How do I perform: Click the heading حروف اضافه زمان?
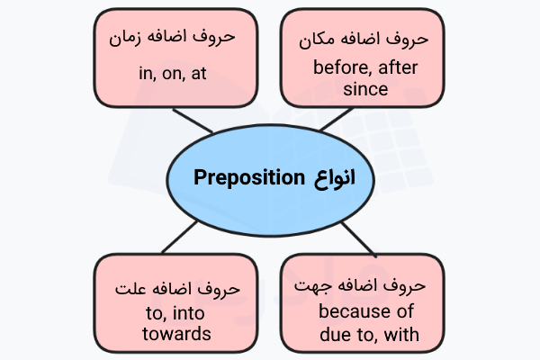[x=169, y=40]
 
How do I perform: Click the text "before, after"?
[x=366, y=67]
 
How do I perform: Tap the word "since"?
[x=365, y=89]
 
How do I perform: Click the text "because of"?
[x=365, y=312]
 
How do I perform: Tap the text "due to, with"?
[x=365, y=335]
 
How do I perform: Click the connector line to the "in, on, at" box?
[x=191, y=120]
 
